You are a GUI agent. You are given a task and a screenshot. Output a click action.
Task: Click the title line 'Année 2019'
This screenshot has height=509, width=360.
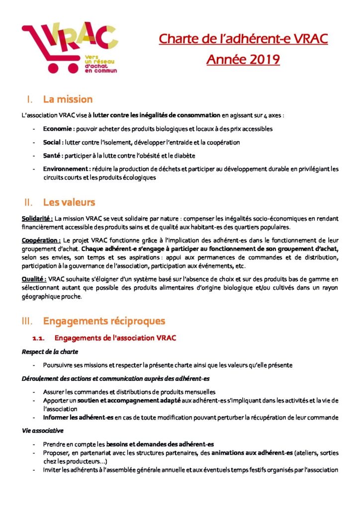[x=243, y=60]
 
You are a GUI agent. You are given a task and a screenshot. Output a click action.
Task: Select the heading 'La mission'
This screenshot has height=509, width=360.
[x=68, y=99]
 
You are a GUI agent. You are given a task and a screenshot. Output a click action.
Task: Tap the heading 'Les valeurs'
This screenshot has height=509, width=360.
[x=69, y=202]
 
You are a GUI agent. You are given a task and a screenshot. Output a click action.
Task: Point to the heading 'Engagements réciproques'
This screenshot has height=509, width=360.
[x=104, y=321]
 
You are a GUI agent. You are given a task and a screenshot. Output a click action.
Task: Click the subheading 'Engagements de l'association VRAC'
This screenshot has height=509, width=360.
[x=115, y=339]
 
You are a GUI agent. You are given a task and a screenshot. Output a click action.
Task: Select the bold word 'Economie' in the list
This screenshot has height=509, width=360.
[x=58, y=129]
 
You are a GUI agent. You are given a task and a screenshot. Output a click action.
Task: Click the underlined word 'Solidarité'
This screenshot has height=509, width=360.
[x=37, y=218]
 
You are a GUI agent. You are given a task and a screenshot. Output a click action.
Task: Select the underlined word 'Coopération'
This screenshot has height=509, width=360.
[x=40, y=240]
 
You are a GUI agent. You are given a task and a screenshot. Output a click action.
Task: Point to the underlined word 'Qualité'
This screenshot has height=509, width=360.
[x=34, y=280]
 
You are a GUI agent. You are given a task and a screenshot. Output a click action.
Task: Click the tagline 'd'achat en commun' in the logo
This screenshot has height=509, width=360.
[x=100, y=68]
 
